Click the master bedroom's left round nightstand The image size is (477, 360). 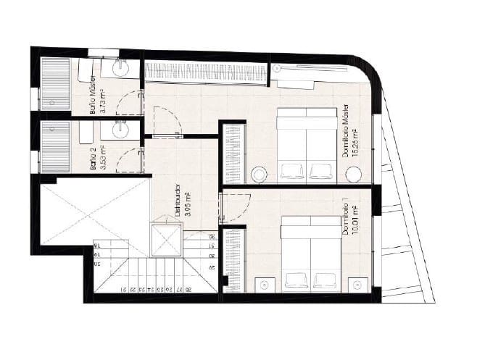coord(259,174)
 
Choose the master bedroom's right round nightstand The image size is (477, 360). coord(353,174)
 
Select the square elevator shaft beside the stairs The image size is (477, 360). coord(165,240)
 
